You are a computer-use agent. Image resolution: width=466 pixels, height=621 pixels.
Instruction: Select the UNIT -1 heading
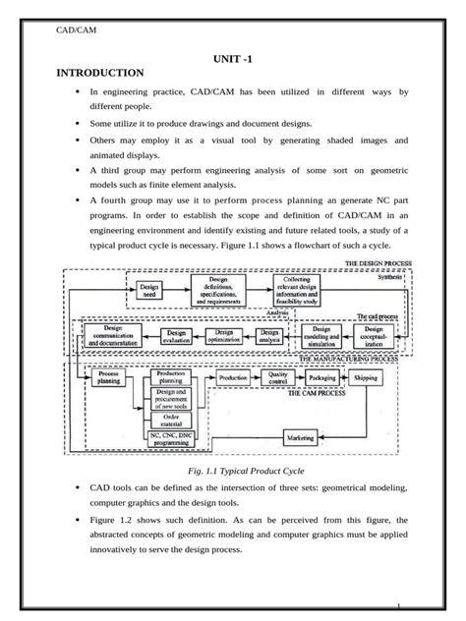232,59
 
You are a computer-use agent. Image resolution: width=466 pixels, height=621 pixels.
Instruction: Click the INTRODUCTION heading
100,73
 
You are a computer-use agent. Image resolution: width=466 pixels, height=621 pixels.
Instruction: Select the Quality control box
278,377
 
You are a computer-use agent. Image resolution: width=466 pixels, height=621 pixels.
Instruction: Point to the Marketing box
305,434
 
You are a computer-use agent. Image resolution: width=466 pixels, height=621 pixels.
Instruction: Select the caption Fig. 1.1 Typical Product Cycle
232,471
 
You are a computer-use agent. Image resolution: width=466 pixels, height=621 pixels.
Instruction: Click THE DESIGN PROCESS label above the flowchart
377,264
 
